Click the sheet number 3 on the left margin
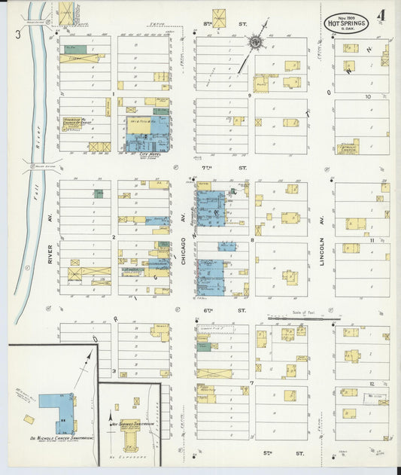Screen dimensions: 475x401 (x=17, y=34)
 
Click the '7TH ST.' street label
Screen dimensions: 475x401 (x=223, y=167)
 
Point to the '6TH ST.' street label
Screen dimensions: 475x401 (x=223, y=310)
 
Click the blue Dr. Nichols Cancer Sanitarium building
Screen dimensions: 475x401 (x=56, y=410)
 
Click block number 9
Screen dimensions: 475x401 (x=249, y=96)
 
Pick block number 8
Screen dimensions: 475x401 (x=252, y=240)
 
